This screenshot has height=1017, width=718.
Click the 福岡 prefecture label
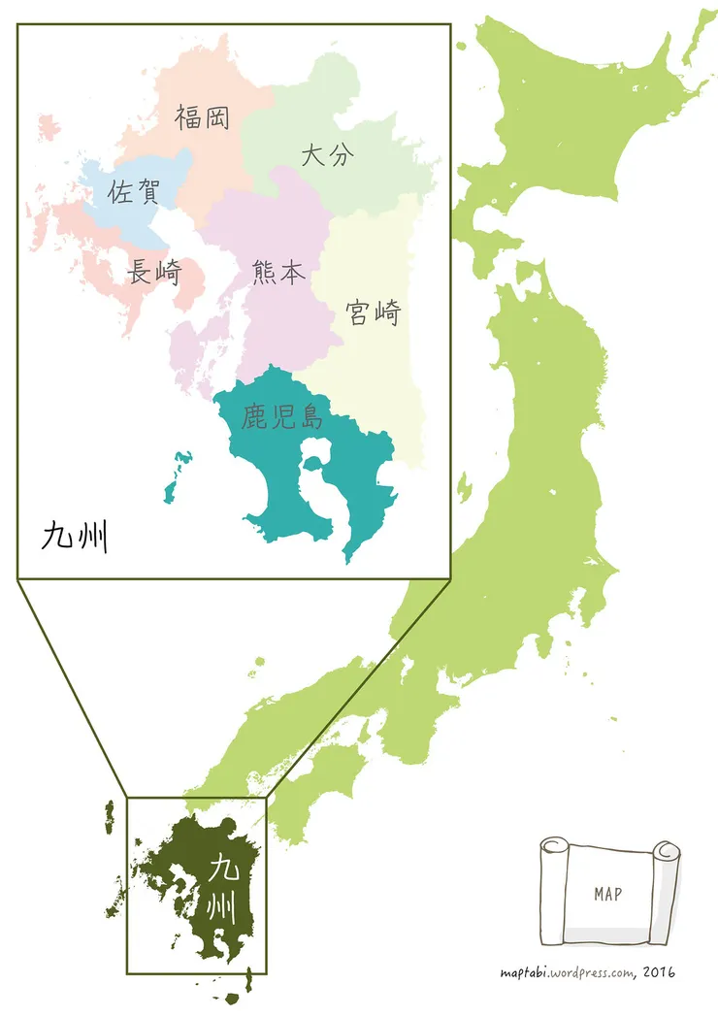(x=203, y=118)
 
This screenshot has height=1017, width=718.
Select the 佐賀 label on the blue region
(x=134, y=191)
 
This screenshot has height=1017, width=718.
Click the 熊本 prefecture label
(x=277, y=273)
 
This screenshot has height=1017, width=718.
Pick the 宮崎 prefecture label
(x=374, y=312)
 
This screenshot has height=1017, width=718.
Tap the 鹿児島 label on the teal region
(x=283, y=419)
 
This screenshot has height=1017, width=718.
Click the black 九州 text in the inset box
(x=74, y=536)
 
